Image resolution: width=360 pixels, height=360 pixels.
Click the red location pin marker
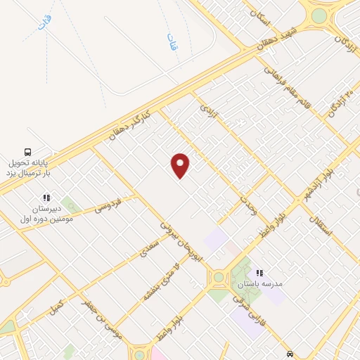(x=180, y=165)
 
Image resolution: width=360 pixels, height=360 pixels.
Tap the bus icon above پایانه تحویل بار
(x=27, y=151)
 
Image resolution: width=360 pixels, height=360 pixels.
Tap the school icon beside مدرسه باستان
(x=259, y=273)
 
